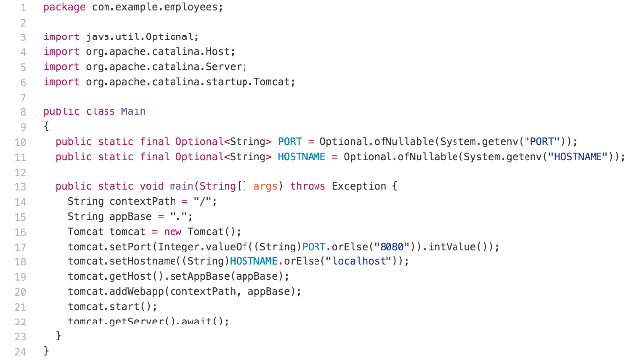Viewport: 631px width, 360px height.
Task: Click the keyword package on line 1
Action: tap(64, 7)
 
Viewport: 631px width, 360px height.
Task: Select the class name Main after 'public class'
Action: tap(133, 111)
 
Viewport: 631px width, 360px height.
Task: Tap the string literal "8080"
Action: tap(391, 246)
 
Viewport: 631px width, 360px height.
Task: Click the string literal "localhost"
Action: tap(359, 261)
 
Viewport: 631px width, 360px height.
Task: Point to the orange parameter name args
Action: tap(265, 186)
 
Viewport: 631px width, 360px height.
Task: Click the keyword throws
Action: tap(308, 186)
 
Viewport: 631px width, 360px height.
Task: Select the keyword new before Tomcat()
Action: tap(173, 232)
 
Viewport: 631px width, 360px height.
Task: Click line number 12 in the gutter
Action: tap(20, 173)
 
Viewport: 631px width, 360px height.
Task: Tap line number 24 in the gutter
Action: tap(20, 352)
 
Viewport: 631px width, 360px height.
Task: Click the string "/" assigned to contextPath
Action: tap(202, 201)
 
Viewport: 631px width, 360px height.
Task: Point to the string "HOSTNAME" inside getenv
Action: tap(579, 156)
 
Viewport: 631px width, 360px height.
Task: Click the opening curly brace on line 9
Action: tap(46, 126)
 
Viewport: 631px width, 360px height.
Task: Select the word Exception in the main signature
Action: tap(359, 186)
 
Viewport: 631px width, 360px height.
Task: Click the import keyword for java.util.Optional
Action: tap(61, 36)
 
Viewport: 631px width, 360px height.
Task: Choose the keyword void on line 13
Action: tap(151, 186)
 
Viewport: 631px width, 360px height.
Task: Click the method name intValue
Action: tap(452, 246)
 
